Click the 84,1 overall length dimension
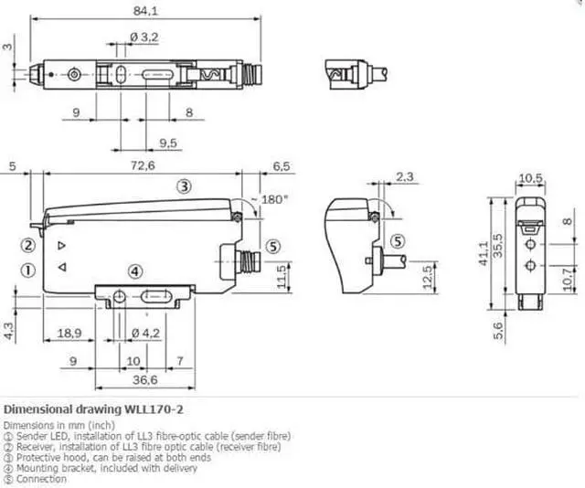tap(145, 11)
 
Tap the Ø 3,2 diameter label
tap(144, 37)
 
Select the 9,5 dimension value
tap(168, 143)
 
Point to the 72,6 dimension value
tap(143, 165)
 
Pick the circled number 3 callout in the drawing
tap(184, 186)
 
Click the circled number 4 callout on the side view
tap(135, 271)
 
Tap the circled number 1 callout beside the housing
tap(28, 271)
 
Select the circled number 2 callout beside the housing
tap(28, 246)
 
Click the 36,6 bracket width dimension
tap(145, 380)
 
